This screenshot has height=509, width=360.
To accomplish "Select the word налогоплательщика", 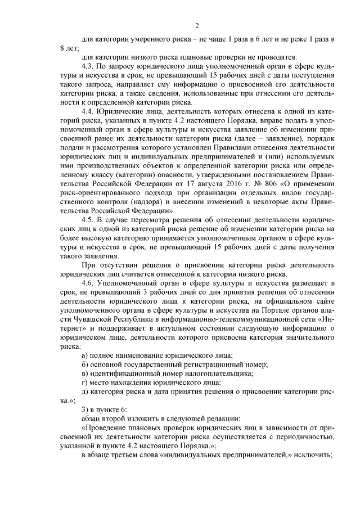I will pos(222,373).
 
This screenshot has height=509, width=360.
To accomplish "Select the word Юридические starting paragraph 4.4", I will pos(121,111).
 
